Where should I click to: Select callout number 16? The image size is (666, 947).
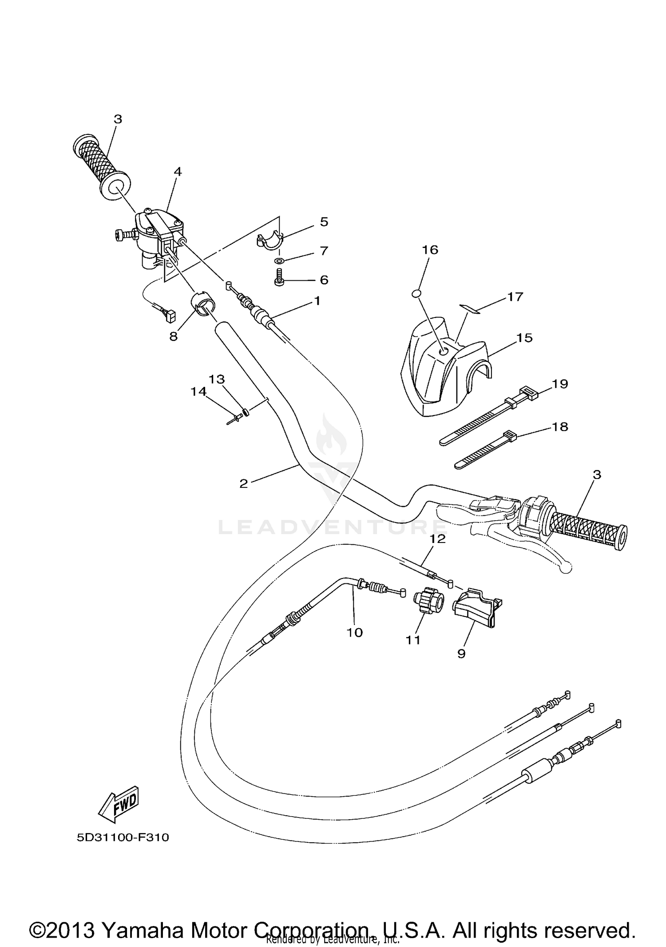pyautogui.click(x=430, y=250)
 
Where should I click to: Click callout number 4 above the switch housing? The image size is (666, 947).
pyautogui.click(x=178, y=171)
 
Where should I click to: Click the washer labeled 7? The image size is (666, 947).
pyautogui.click(x=280, y=260)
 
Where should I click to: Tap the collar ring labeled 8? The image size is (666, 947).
pyautogui.click(x=202, y=302)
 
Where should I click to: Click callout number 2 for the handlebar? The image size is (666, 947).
pyautogui.click(x=243, y=483)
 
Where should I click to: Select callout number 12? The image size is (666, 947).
pyautogui.click(x=437, y=539)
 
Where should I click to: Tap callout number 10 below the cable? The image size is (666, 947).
pyautogui.click(x=354, y=632)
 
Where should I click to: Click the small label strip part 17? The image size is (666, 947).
pyautogui.click(x=471, y=308)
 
